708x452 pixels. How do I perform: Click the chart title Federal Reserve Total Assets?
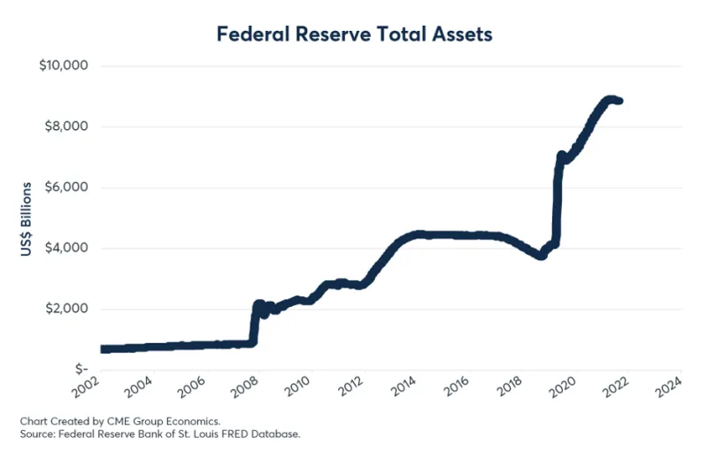353,34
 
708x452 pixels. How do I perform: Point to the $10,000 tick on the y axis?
63,66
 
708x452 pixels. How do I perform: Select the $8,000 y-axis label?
65,126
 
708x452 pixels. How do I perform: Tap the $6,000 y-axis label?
65,188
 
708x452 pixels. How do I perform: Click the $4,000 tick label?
65,248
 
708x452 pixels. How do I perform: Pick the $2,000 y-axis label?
65,309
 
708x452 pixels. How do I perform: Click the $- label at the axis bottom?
81,369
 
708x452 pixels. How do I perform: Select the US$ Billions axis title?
27,220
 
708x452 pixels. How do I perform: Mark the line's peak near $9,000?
609,99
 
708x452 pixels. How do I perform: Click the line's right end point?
619,101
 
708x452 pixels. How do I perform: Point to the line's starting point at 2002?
103,349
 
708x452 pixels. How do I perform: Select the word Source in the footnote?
36,433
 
